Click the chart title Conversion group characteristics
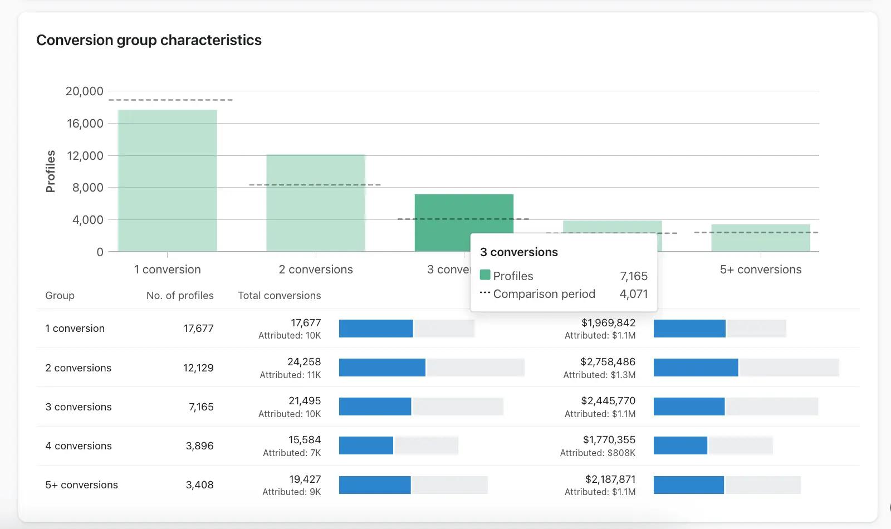149,40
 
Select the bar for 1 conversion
168,180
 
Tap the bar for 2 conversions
316,203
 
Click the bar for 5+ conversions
761,238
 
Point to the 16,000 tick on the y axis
85,123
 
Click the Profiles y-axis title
50,172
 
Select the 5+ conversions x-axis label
761,270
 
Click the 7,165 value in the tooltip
634,276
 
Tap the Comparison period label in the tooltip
544,294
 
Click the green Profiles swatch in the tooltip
485,275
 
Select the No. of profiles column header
180,296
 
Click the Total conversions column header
279,296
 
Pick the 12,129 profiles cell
198,368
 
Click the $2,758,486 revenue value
608,361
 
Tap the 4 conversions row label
79,446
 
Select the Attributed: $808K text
598,453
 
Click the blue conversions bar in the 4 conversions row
366,445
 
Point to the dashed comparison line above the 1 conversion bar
170,100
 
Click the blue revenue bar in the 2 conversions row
696,368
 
